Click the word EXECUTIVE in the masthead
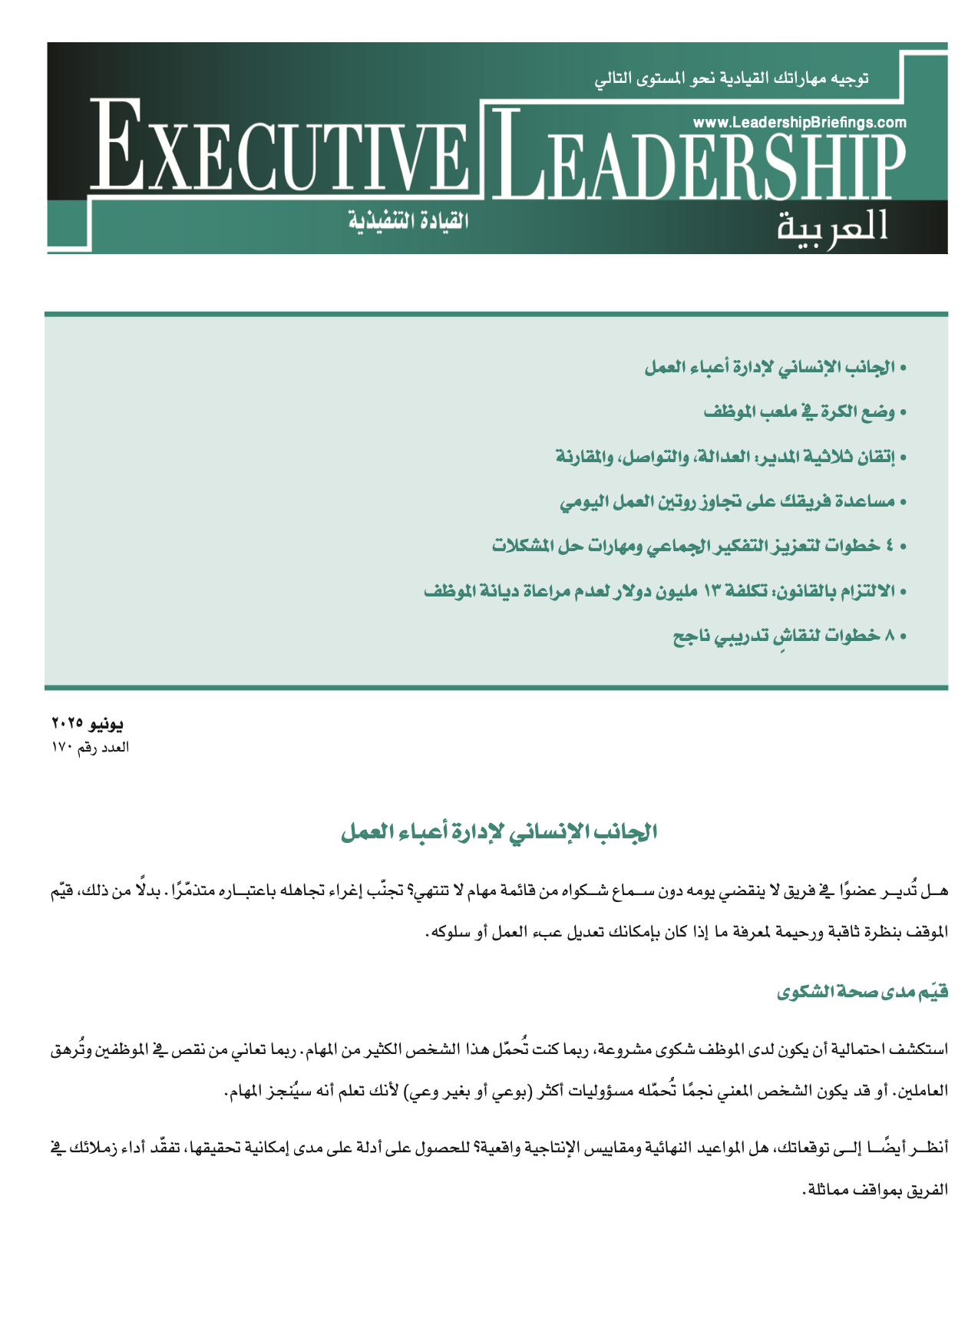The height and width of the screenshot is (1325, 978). pyautogui.click(x=280, y=150)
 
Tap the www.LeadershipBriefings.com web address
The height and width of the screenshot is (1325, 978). pyautogui.click(x=799, y=122)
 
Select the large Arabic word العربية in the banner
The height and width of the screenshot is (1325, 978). pyautogui.click(x=833, y=225)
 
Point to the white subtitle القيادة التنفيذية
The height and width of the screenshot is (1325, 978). pyautogui.click(x=408, y=221)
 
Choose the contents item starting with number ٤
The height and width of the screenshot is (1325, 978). pyautogui.click(x=699, y=547)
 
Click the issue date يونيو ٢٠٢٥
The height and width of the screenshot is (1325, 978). pyautogui.click(x=87, y=724)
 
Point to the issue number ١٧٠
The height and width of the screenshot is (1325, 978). pyautogui.click(x=61, y=748)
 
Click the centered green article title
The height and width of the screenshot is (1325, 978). pyautogui.click(x=499, y=832)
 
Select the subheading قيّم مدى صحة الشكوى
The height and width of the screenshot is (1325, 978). pyautogui.click(x=863, y=992)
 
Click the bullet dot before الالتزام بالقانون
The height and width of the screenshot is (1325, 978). pyautogui.click(x=903, y=593)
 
